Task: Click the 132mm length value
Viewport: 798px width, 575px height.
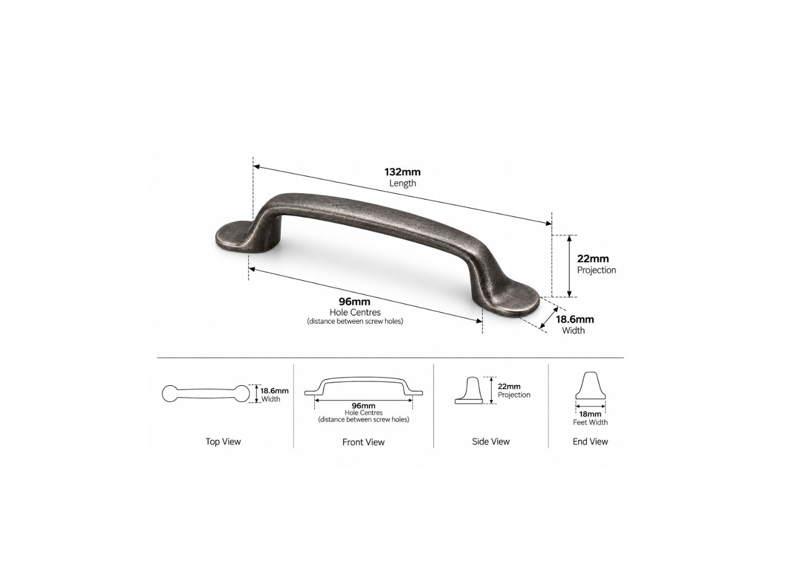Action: click(x=402, y=172)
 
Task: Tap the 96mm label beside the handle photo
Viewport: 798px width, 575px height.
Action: click(x=354, y=302)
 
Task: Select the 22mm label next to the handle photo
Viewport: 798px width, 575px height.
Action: click(x=593, y=259)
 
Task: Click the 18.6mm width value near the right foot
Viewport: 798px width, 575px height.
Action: click(x=575, y=319)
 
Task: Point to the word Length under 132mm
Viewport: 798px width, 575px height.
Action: click(x=403, y=184)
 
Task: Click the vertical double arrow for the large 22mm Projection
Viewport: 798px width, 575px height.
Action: click(x=569, y=266)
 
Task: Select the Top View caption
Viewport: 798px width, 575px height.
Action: click(x=223, y=442)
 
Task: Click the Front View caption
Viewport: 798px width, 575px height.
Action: click(x=363, y=442)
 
